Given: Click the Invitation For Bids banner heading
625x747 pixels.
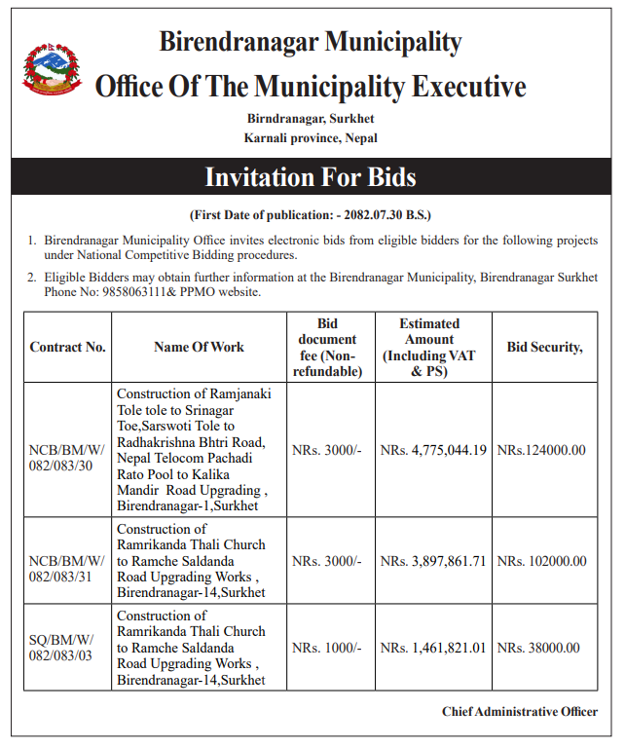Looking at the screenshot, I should click(x=311, y=177).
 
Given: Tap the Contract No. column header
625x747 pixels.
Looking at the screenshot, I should click(x=67, y=347).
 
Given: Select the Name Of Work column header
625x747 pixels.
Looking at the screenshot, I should click(x=199, y=347).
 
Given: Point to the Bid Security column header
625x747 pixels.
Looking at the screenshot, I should click(x=544, y=347).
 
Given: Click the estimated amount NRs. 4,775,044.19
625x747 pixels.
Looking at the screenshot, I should click(x=433, y=451).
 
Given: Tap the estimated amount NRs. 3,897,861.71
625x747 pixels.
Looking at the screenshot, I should click(x=433, y=561).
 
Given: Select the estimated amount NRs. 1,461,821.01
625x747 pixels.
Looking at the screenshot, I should click(x=433, y=647).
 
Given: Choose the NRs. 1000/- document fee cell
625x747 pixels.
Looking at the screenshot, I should click(x=327, y=647).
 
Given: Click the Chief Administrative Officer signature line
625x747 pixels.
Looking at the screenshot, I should click(x=519, y=712).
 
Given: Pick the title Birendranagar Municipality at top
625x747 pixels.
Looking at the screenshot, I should click(x=311, y=42).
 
